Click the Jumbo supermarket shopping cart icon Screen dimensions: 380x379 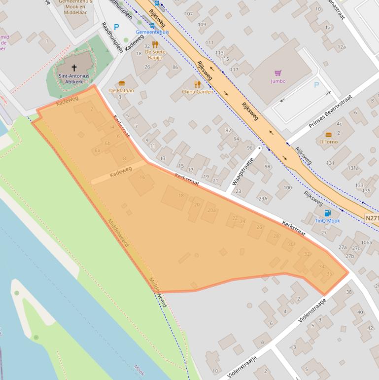click(277, 73)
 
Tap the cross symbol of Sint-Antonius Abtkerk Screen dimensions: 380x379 click(74, 68)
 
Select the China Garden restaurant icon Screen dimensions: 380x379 click(198, 84)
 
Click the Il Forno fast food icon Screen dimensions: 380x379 click(329, 134)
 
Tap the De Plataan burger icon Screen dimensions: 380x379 click(122, 83)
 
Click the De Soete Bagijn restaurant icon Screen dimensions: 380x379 click(155, 44)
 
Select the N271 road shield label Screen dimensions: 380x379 click(372, 218)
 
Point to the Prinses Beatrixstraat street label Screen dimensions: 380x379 click(330, 112)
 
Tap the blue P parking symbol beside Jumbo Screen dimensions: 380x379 click(316, 85)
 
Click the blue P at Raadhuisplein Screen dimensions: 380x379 click(116, 27)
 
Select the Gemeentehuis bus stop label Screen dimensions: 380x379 click(152, 32)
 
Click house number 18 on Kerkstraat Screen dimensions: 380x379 click(181, 196)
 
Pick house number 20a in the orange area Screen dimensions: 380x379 click(211, 210)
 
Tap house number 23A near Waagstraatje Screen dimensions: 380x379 click(263, 199)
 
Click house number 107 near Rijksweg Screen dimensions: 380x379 click(188, 14)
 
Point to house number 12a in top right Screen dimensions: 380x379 click(342, 47)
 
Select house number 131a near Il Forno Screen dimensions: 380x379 click(353, 168)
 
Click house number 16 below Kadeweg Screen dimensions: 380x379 click(142, 178)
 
